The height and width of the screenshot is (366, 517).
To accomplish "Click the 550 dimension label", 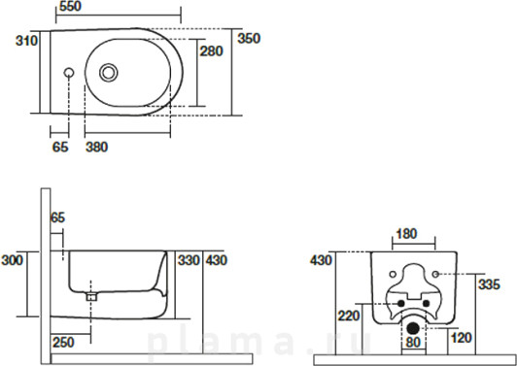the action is [x=70, y=6].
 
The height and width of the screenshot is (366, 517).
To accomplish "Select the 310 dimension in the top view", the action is [x=26, y=41].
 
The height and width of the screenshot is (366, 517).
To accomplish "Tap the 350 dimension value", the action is [x=249, y=39].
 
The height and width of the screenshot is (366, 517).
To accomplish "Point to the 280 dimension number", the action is [x=211, y=51].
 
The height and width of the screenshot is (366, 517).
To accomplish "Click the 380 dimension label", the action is [x=96, y=147].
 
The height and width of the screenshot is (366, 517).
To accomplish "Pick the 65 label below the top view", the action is [x=60, y=147].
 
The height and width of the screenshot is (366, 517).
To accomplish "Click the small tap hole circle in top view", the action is [x=69, y=73].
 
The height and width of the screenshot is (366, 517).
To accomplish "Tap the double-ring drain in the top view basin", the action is [x=109, y=73].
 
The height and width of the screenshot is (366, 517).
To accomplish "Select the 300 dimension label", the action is [x=13, y=260].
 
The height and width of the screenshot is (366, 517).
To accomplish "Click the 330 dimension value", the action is [x=189, y=260].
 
